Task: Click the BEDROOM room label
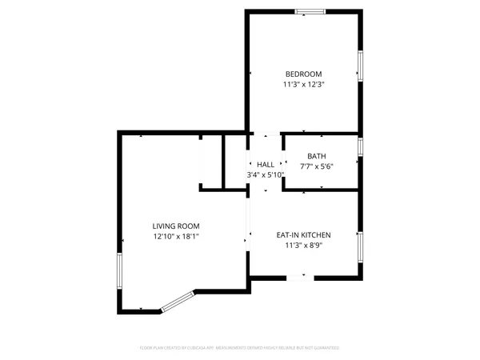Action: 303,74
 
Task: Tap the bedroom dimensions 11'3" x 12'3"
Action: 303,84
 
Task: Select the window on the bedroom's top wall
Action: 310,12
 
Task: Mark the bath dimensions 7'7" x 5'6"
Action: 316,166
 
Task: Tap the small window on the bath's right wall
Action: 361,147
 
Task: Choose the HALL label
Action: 265,164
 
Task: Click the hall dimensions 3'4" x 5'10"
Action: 265,174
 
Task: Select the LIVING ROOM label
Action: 176,226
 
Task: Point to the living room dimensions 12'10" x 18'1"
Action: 176,236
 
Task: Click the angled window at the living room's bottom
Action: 178,302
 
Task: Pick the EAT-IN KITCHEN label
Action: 303,234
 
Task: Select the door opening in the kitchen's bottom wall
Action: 296,277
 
